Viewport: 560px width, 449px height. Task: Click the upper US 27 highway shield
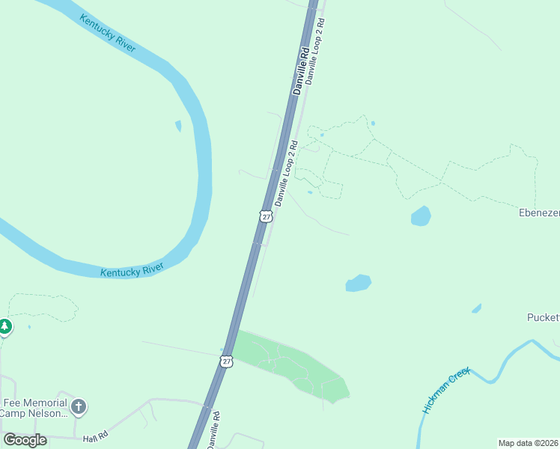(265, 216)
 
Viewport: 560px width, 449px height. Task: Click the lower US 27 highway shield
(226, 361)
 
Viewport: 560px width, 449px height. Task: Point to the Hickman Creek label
(445, 390)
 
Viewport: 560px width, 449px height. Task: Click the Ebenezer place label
(539, 213)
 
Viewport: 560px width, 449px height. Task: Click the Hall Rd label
(96, 436)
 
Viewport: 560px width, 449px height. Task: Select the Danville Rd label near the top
(301, 71)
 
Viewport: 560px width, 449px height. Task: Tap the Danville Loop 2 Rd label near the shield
(286, 174)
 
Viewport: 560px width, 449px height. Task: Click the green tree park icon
(5, 327)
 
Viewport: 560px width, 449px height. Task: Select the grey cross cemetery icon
(79, 407)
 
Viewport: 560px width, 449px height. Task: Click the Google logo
(25, 439)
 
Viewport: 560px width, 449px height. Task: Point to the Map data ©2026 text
(528, 442)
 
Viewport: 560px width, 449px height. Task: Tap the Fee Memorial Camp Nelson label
(34, 407)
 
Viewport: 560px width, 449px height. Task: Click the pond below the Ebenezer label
(421, 216)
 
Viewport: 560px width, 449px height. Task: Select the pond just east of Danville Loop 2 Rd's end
(358, 284)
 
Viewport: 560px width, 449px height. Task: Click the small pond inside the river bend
(178, 126)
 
